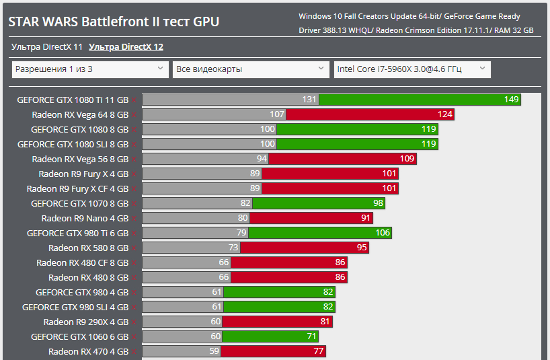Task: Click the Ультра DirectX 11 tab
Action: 46,47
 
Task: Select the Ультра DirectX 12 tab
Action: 126,47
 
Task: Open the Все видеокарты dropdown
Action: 251,69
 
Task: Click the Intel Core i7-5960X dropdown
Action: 412,69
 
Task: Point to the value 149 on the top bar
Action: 511,100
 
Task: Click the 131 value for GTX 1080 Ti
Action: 309,100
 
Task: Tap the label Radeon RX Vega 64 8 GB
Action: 80,114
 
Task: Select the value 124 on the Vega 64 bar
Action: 445,114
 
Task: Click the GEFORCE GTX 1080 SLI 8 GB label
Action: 73,144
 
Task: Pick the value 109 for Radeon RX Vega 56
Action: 407,159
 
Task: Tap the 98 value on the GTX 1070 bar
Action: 378,203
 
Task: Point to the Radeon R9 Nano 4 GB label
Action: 85,218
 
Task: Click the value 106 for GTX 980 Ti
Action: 383,233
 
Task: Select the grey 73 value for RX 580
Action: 233,248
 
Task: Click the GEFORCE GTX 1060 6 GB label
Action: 79,336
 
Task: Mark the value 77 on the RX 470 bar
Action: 319,351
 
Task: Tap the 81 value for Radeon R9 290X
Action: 324,322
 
